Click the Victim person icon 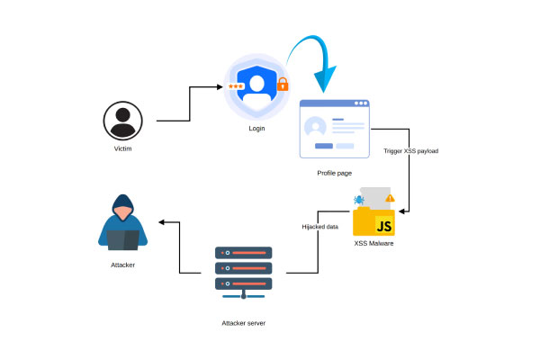click(122, 121)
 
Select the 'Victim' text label click(122, 148)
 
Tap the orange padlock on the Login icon click(283, 85)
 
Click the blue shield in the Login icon click(257, 86)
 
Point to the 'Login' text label click(256, 129)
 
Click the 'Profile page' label click(335, 171)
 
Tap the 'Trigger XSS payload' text click(410, 151)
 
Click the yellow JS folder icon click(374, 220)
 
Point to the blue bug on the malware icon click(358, 200)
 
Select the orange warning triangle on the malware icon click(390, 197)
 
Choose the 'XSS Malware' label click(373, 244)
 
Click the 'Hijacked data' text click(319, 227)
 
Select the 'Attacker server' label click(244, 322)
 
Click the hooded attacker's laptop click(122, 239)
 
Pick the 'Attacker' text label click(122, 265)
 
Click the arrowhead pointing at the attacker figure click(162, 221)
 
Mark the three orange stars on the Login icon click(236, 86)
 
